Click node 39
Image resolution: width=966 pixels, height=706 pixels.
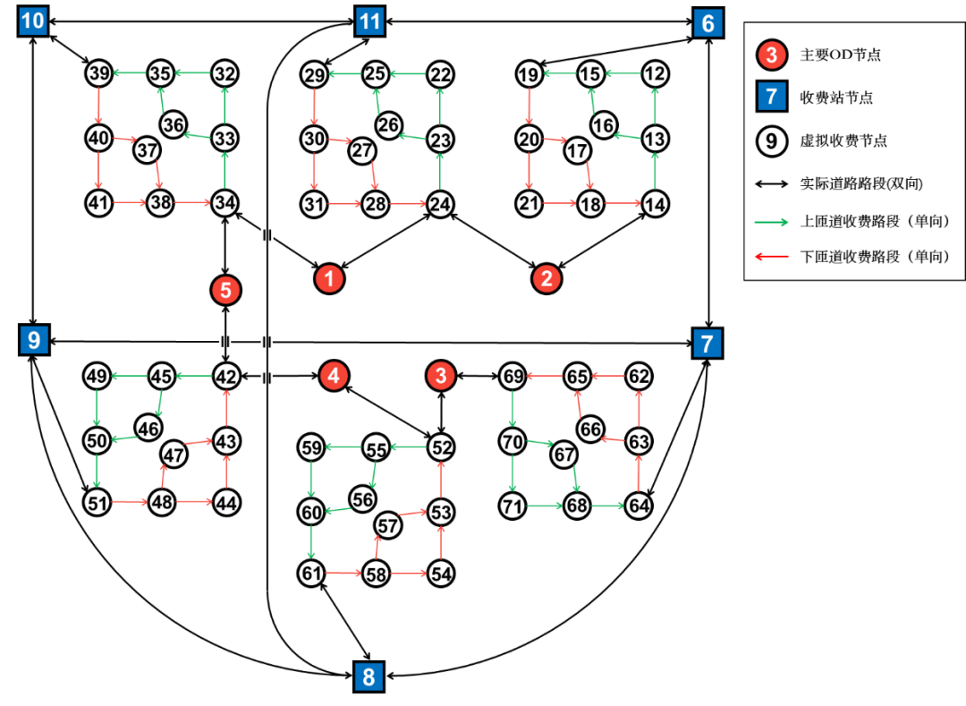tap(98, 73)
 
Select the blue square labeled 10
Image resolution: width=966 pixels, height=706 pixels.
tap(33, 21)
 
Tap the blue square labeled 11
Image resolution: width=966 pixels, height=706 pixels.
tap(369, 21)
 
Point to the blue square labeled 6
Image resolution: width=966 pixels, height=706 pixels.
tap(708, 23)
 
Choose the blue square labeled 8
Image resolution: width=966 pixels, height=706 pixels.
tap(369, 677)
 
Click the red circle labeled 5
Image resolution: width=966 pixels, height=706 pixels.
tap(225, 290)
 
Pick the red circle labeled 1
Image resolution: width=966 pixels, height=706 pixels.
tap(329, 279)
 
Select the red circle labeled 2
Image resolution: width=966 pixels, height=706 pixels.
tap(547, 279)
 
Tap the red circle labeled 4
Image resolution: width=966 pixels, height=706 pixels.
tap(334, 376)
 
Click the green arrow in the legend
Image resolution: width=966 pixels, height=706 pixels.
tap(771, 222)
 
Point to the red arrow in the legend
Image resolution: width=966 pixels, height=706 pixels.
tap(771, 257)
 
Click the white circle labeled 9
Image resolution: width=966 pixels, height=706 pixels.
tap(771, 140)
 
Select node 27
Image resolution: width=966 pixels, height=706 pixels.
tap(361, 151)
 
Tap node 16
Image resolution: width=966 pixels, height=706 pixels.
tap(604, 125)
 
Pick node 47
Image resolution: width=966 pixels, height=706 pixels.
tap(174, 455)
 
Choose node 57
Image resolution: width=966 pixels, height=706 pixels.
tap(387, 525)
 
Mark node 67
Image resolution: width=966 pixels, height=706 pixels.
tap(563, 455)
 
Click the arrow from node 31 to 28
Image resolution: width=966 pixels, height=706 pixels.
tap(344, 204)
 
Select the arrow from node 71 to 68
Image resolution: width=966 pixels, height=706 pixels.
tap(544, 506)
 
